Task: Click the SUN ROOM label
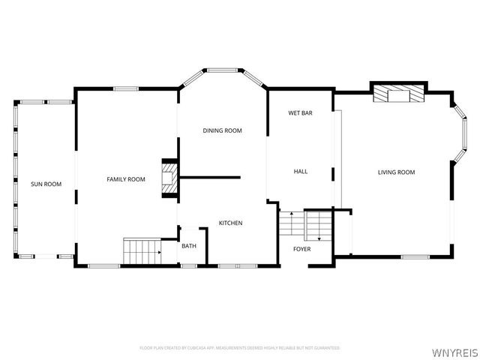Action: point(46,184)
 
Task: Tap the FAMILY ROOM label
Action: point(125,179)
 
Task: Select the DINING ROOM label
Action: point(223,130)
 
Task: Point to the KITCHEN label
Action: point(230,223)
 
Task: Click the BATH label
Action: point(188,245)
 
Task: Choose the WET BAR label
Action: point(300,113)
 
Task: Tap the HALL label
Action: point(300,172)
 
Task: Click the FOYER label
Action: point(301,248)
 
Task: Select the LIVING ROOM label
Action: point(396,172)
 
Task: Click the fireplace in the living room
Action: point(398,93)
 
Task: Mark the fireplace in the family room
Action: point(170,178)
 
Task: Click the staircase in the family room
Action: point(142,251)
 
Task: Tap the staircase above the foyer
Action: point(305,224)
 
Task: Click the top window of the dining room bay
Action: point(222,70)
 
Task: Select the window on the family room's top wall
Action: point(125,89)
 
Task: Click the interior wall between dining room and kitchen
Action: point(210,178)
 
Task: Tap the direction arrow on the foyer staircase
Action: point(319,238)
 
